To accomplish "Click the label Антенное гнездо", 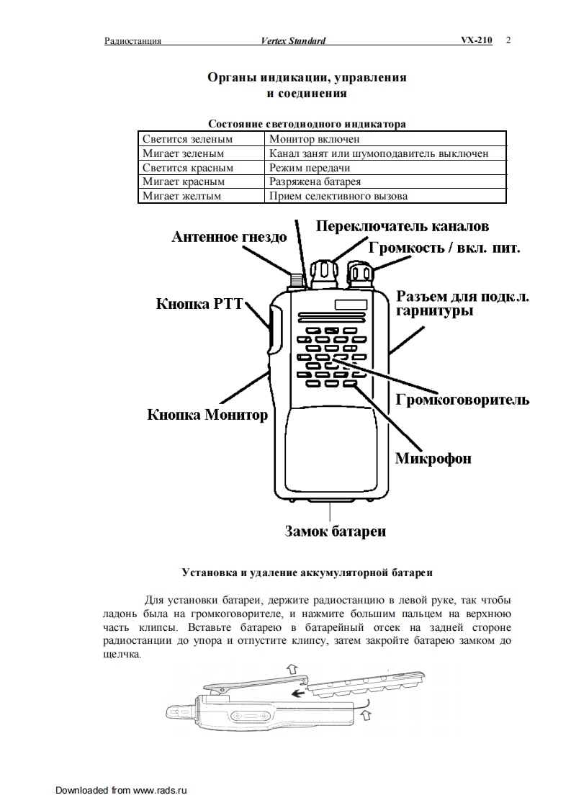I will [228, 237].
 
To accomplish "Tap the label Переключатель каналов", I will [403, 226].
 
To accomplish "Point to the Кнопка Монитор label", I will [207, 415].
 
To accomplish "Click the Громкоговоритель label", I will [462, 400].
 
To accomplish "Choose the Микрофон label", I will [433, 458].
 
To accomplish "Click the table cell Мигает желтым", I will [181, 195].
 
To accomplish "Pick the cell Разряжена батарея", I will [315, 181].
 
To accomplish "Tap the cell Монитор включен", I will [314, 139].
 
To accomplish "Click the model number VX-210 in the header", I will [477, 40].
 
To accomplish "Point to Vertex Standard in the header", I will [293, 41].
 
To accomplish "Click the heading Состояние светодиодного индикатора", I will [306, 124].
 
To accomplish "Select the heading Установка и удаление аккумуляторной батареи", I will [307, 573].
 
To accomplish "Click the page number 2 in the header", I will [508, 40].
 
